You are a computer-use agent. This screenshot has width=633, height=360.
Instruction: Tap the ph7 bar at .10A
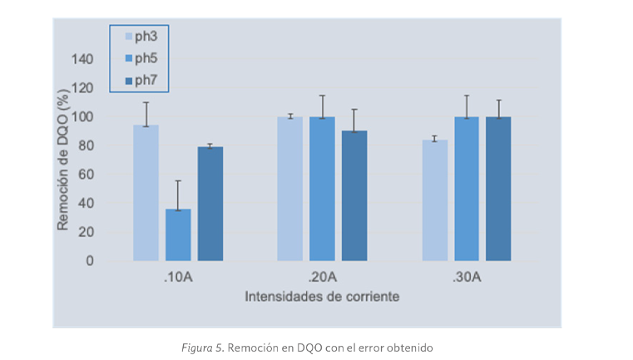tap(210, 204)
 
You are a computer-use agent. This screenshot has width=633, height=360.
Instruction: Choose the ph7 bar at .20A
tap(354, 195)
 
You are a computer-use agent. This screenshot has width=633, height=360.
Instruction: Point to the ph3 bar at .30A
tap(434, 200)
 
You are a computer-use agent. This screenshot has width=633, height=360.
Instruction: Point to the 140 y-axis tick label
tap(82, 59)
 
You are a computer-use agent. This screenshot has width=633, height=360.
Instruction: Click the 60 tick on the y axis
tap(86, 174)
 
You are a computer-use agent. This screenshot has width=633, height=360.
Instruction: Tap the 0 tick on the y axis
tap(90, 260)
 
